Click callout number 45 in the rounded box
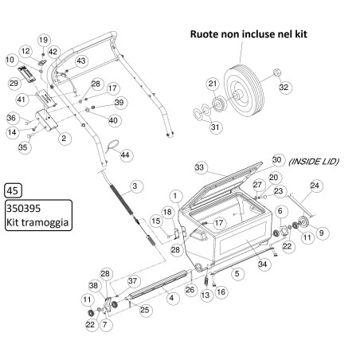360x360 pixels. pos(13,190)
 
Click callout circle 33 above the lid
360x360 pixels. pos(200,168)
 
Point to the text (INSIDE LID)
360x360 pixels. pos(315,162)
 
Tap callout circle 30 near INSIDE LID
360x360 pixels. pos(277,159)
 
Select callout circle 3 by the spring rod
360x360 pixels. pos(135,186)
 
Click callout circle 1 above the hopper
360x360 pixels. pos(174,195)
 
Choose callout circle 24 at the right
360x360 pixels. pos(315,186)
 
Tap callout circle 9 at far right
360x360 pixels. pos(323,233)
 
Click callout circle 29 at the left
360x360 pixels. pos(14,83)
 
